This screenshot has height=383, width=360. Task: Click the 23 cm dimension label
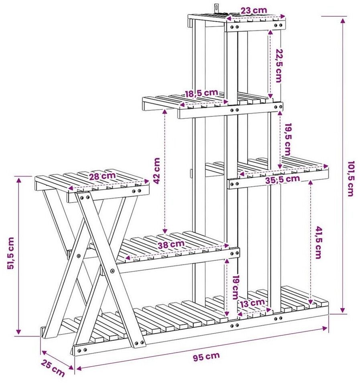point(254,10)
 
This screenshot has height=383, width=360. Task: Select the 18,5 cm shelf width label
point(201,93)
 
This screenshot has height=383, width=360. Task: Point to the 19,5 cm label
point(288,139)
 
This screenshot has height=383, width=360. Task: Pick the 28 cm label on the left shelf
point(102,176)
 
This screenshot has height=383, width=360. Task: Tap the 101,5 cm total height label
point(351,178)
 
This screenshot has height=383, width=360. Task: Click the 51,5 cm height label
point(10,253)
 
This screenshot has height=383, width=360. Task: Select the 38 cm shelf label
point(171,244)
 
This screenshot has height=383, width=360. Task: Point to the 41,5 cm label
point(318,243)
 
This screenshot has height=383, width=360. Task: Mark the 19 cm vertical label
point(235,288)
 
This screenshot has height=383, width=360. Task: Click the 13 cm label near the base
point(252,303)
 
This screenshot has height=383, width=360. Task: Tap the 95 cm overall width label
point(206,357)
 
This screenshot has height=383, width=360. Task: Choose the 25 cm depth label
point(53,368)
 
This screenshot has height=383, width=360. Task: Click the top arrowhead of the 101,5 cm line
point(343,20)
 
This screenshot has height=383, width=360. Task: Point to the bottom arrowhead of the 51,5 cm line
point(18,331)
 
